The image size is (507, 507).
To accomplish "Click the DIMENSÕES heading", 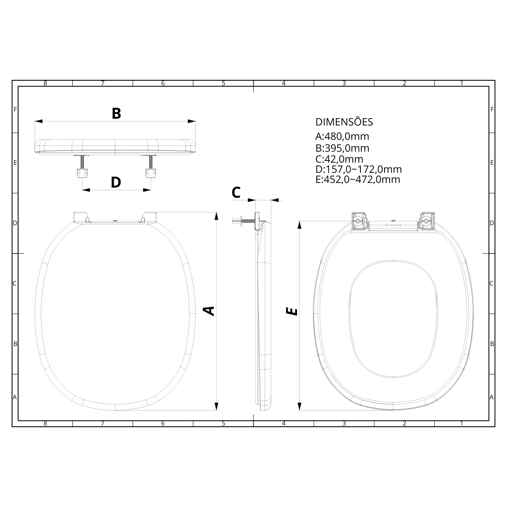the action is point(344,122).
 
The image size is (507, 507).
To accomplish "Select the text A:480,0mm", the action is point(342,136).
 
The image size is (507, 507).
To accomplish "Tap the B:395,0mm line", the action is point(342,148).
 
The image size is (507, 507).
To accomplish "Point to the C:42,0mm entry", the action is point(339,159).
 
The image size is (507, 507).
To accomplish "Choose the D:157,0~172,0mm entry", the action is point(359,169).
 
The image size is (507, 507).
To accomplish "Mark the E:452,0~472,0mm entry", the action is point(358,180).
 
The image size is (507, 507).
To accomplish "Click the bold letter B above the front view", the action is point(116,114).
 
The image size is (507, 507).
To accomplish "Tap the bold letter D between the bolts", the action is point(116,183).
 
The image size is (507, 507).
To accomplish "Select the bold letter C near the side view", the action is point(236,193).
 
